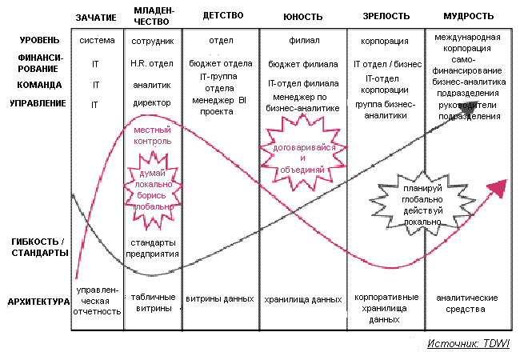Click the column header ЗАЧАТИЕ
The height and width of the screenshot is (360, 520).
pyautogui.click(x=96, y=16)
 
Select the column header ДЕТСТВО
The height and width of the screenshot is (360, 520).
pyautogui.click(x=218, y=16)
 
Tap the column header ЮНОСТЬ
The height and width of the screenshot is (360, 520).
pyautogui.click(x=303, y=16)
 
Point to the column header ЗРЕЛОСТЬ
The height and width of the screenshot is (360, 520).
pyautogui.click(x=386, y=16)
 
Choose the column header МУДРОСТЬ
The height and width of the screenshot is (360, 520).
pyautogui.click(x=467, y=16)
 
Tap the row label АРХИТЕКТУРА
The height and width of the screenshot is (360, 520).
pyautogui.click(x=36, y=302)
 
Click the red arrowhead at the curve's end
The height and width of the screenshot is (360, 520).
pyautogui.click(x=500, y=190)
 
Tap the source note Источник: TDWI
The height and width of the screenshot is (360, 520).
pyautogui.click(x=469, y=343)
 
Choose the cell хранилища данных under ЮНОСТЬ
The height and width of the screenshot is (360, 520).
pyautogui.click(x=303, y=300)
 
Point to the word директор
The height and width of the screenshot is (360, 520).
pyautogui.click(x=153, y=103)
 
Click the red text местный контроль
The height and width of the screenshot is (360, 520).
pyautogui.click(x=153, y=135)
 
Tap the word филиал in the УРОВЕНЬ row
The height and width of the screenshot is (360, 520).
pyautogui.click(x=303, y=39)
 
